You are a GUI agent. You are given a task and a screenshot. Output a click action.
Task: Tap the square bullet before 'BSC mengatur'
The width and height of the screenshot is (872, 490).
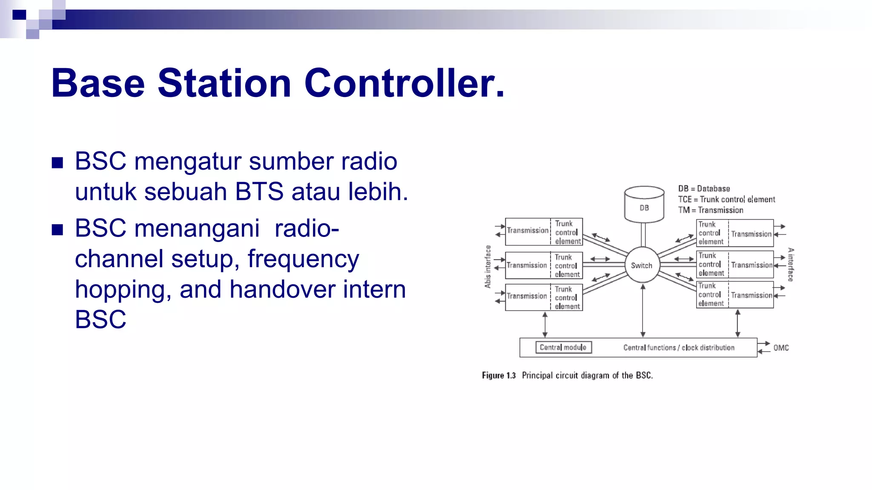point(57,162)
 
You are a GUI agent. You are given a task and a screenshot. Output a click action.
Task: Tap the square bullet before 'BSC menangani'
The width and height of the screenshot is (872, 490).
point(57,230)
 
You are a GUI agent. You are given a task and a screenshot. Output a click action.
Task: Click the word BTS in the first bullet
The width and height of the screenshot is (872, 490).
point(259,191)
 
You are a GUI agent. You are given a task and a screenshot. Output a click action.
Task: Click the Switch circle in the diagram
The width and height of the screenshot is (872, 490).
point(642,265)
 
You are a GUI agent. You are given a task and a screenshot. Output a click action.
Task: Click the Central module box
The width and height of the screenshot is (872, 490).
point(563,348)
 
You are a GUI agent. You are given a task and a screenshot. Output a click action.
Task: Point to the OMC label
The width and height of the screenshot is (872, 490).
point(781,348)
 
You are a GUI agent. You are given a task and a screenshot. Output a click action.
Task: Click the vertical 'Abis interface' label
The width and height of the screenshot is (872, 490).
point(488,267)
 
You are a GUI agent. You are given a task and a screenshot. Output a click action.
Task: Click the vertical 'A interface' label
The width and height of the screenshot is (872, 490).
point(791,265)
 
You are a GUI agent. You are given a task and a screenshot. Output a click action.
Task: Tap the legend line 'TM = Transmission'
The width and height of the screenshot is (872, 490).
point(711,210)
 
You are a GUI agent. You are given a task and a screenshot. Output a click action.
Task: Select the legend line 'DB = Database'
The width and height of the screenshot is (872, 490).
point(704,188)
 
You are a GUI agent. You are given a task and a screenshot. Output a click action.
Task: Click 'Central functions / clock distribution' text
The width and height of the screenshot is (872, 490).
point(679,348)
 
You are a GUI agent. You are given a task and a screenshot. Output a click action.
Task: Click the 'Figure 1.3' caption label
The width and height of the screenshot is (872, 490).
point(499,376)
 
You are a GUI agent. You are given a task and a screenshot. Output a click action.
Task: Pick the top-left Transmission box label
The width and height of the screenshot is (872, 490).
point(528,231)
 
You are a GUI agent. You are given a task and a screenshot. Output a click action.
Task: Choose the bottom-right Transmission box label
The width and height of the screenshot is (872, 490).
point(752,295)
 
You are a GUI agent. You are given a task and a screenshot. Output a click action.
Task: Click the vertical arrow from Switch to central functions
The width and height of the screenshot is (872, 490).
point(643,311)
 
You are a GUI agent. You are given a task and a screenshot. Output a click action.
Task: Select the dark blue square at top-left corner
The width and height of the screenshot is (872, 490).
point(19,15)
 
